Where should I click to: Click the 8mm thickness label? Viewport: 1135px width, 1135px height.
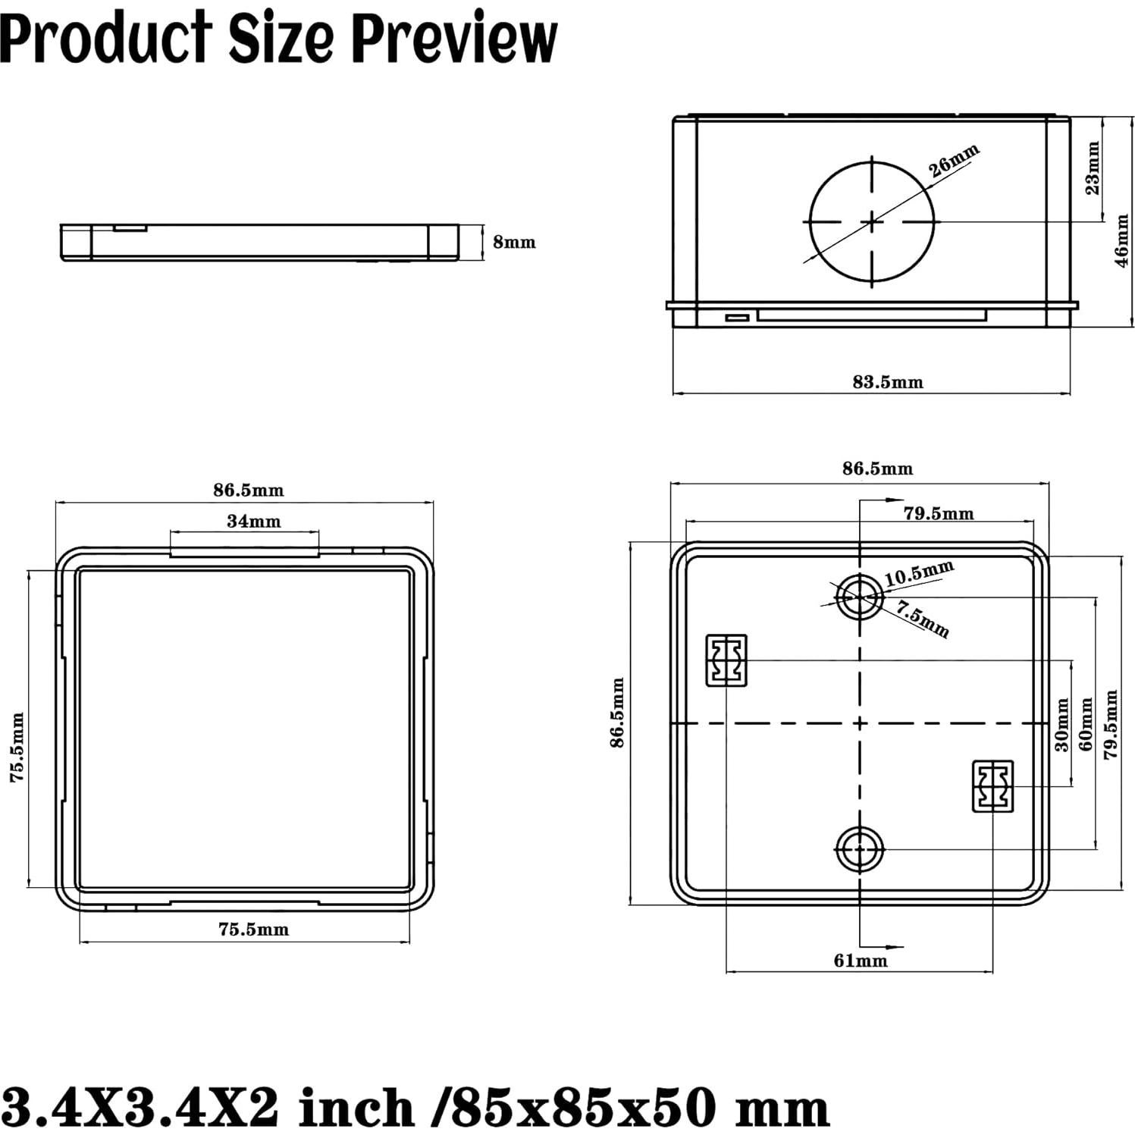(514, 242)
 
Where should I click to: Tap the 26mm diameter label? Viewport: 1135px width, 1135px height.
(955, 161)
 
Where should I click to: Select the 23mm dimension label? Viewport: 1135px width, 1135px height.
(1093, 168)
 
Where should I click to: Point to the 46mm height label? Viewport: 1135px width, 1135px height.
(1121, 240)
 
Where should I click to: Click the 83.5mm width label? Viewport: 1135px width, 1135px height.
(887, 382)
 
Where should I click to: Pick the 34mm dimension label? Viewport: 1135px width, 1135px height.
(253, 522)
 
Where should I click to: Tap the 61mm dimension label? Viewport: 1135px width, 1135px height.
(860, 961)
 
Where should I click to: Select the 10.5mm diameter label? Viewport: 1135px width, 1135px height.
(919, 573)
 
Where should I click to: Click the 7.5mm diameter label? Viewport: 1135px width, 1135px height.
(923, 619)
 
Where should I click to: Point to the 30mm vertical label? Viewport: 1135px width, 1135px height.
(1062, 725)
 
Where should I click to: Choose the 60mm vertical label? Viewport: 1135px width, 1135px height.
(1086, 725)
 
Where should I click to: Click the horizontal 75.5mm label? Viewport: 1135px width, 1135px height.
(253, 930)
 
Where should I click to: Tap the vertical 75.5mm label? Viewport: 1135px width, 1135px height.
(17, 747)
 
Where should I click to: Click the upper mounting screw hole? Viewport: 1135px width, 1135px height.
(859, 597)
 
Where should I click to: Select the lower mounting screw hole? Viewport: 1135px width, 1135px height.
(859, 849)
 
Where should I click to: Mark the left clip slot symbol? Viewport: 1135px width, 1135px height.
(726, 660)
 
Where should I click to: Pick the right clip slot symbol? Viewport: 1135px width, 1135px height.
(992, 786)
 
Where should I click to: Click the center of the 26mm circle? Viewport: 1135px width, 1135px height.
(872, 221)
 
